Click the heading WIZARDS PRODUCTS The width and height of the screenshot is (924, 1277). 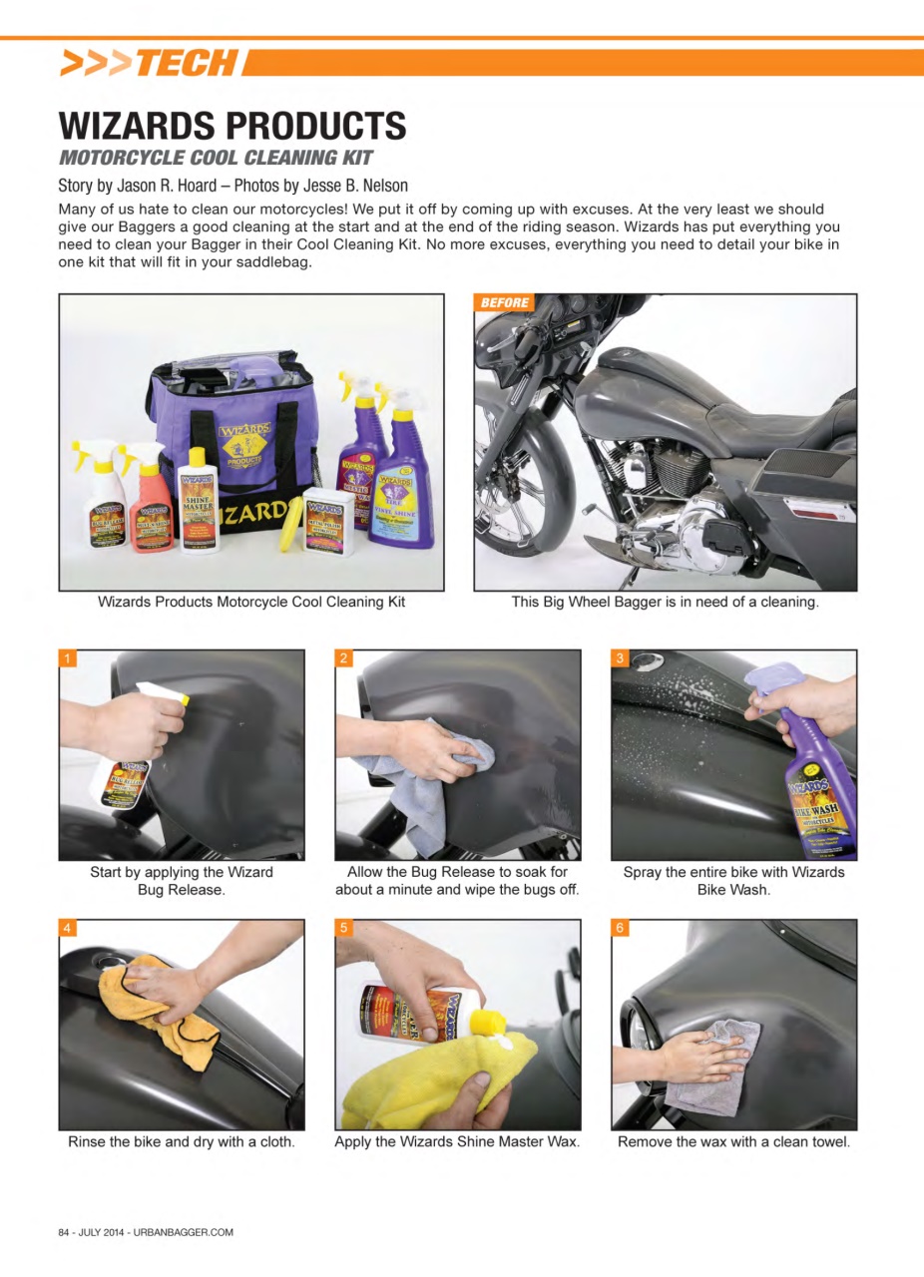(232, 126)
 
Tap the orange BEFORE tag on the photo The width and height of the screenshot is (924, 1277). (504, 302)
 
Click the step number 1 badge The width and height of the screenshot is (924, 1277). (68, 658)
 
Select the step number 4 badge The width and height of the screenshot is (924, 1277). (68, 928)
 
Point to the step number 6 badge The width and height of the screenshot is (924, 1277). (621, 928)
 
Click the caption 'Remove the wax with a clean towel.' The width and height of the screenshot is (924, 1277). (733, 1141)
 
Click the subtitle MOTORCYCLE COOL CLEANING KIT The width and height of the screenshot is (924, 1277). (216, 158)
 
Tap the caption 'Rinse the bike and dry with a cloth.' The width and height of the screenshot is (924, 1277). (182, 1141)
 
